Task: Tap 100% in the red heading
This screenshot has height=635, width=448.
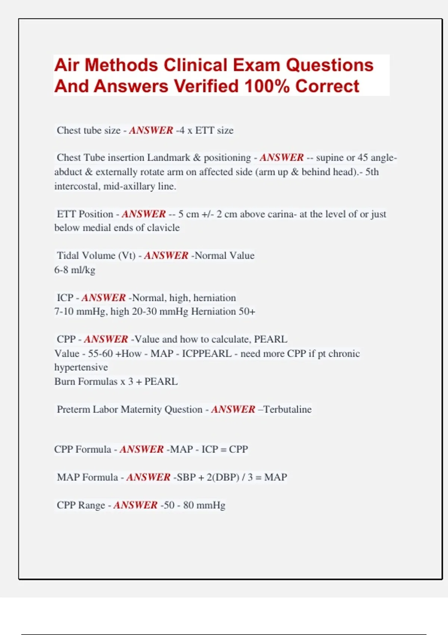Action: tap(267, 86)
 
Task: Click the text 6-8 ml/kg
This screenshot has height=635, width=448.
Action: tap(75, 270)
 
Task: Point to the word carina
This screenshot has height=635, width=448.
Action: tap(279, 214)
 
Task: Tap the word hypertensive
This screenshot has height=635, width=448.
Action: tap(81, 367)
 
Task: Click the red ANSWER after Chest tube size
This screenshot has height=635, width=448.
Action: tap(151, 130)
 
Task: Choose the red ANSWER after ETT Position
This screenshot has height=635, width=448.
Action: tap(143, 214)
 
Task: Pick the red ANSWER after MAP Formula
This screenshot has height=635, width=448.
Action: tap(148, 477)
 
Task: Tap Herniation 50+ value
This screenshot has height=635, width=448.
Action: tap(223, 312)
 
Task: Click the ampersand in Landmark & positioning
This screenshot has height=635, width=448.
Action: tap(197, 158)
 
